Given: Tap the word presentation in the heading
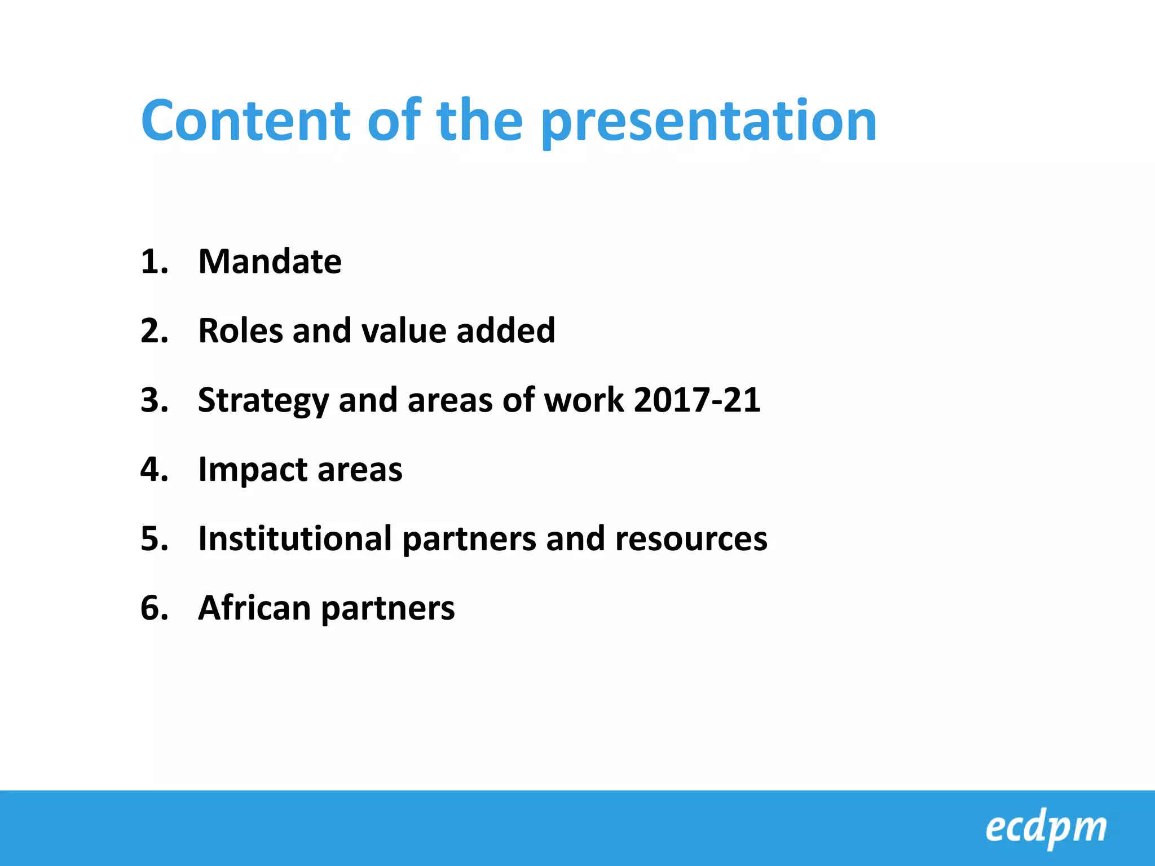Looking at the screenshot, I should pos(708,123).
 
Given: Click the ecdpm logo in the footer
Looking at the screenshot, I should pos(1046,828).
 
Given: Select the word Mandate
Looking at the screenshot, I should pos(270,262).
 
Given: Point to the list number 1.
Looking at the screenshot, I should pos(153,262).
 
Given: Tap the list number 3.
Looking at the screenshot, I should pos(153,400).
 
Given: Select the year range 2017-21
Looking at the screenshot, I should pos(697,400).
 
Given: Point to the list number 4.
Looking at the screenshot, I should pos(153,470).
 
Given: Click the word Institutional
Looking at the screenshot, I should pos(295,538).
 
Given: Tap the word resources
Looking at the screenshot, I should pos(691,540).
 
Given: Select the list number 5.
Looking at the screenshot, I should pos(153,539).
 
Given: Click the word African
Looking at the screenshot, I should pos(254,608).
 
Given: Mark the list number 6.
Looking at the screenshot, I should pos(153,608).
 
